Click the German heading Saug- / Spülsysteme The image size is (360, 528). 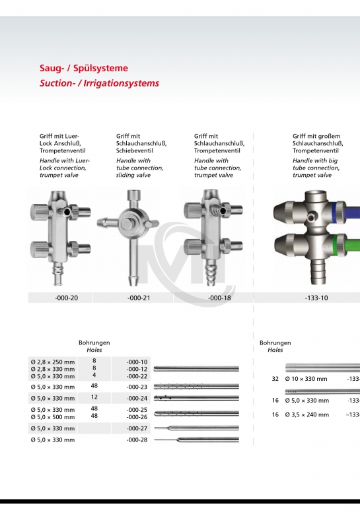click(84, 68)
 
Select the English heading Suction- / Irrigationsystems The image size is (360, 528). click(100, 84)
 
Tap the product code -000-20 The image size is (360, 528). click(66, 298)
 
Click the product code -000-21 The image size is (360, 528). click(139, 298)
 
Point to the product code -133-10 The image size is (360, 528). click(316, 298)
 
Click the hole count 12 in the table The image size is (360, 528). click(94, 398)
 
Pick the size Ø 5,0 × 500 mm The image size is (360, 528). click(53, 416)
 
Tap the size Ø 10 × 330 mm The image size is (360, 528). click(306, 379)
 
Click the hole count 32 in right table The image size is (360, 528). click(275, 379)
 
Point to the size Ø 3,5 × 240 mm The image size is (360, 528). click(306, 415)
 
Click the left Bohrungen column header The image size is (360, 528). click(94, 343)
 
